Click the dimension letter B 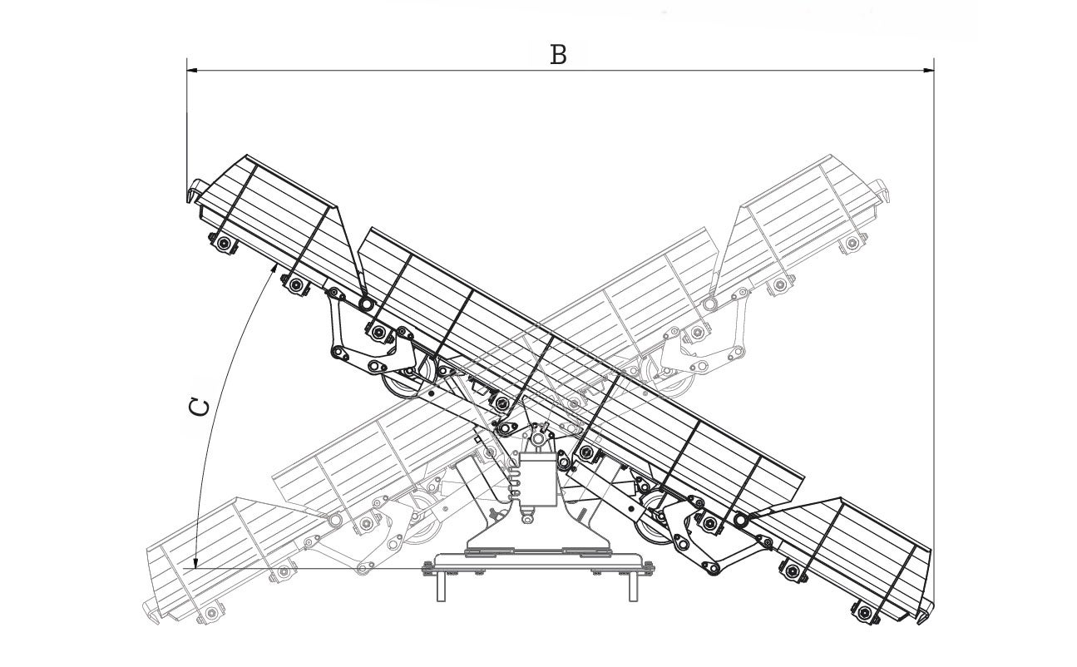[x=559, y=55]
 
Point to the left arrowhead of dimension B [x=192, y=71]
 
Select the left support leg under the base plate [x=441, y=585]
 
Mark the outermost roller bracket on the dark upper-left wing [x=223, y=243]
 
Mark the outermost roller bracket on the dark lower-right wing [x=866, y=614]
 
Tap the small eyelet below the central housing [x=526, y=517]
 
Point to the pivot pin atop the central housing [x=539, y=436]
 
